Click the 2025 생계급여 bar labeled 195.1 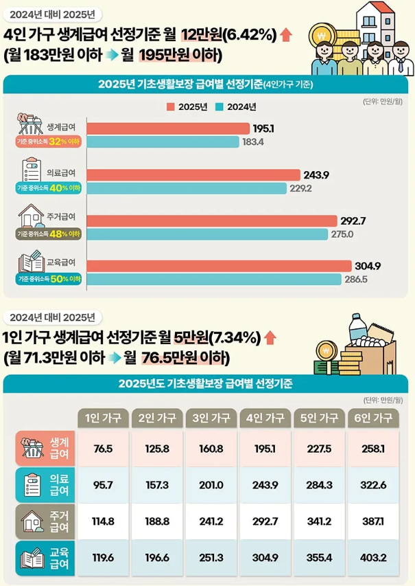(168, 128)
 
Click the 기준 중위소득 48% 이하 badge (49, 234)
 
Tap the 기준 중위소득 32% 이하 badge (49, 142)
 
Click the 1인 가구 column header (103, 418)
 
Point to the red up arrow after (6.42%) (286, 35)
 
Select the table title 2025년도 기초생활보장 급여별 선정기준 (206, 384)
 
